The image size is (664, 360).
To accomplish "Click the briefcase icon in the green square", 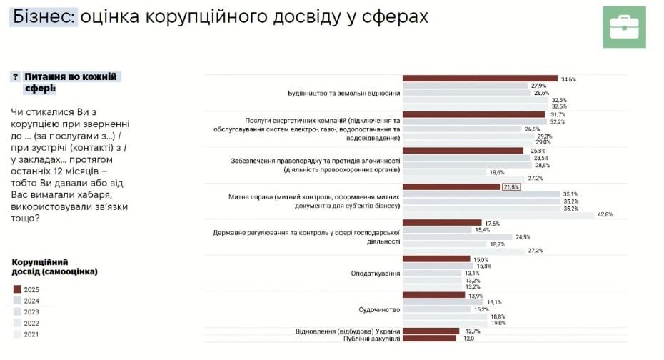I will (x=624, y=26).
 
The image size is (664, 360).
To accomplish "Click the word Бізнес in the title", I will (x=42, y=16).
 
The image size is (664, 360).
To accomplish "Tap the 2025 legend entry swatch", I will (x=18, y=289).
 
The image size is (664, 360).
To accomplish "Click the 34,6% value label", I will (x=568, y=79).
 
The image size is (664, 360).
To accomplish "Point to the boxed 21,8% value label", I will (x=511, y=187).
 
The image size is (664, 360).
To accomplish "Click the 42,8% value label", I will (x=605, y=214).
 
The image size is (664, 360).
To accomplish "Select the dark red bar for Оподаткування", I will (x=436, y=259).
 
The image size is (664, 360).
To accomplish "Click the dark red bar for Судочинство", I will (x=433, y=295).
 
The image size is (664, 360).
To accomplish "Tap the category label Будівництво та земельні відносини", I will (x=338, y=93).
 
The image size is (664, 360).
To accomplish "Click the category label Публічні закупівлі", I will (x=368, y=338).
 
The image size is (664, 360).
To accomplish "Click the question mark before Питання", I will (x=15, y=76).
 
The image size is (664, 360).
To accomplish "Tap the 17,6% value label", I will (x=493, y=223).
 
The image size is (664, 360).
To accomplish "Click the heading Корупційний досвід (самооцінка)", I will (x=54, y=266).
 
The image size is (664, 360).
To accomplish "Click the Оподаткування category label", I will (x=375, y=273).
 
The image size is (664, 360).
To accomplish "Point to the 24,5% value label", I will (x=523, y=236).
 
